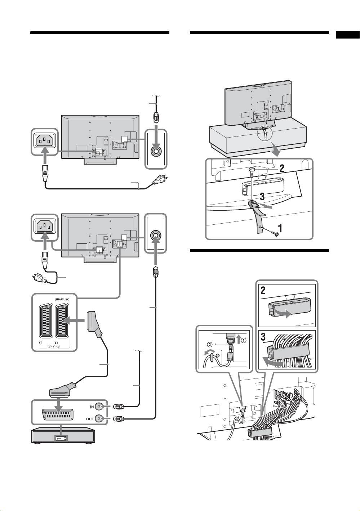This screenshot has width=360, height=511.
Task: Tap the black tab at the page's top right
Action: click(348, 35)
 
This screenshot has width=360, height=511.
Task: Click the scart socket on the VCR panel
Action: click(60, 413)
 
